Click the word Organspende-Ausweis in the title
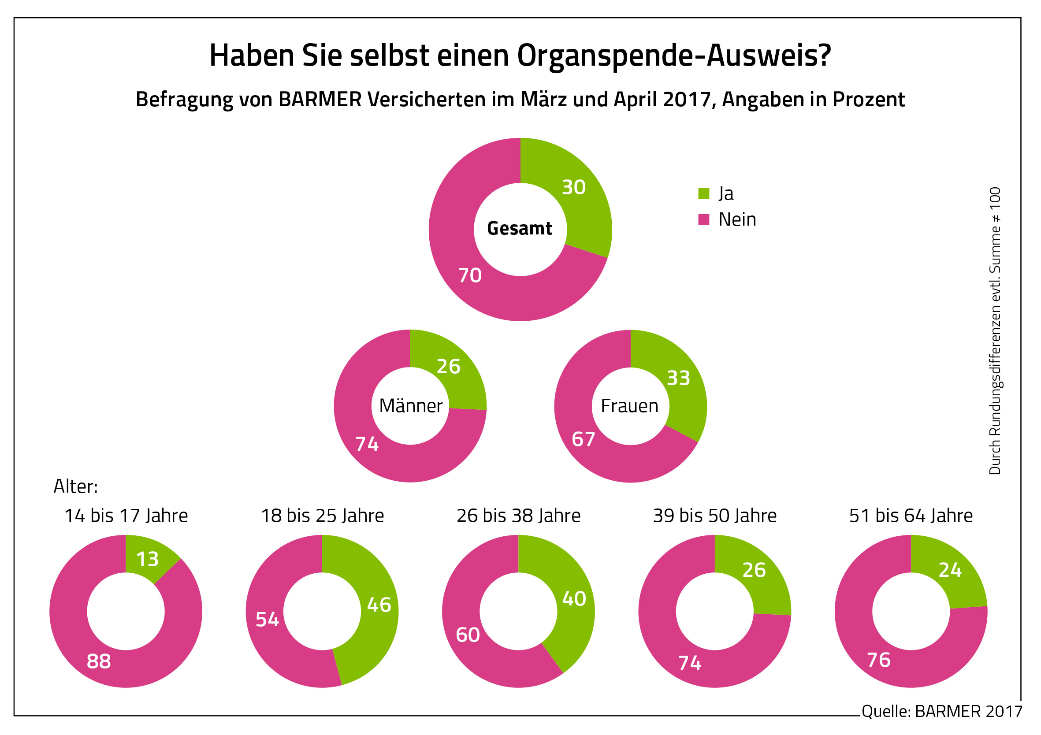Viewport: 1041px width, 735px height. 674,56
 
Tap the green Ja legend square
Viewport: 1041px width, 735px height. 703,193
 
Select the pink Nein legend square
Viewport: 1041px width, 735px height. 703,220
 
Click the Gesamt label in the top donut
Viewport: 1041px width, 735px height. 520,229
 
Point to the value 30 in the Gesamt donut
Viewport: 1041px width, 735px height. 573,187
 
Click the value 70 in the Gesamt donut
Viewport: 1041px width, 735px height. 470,276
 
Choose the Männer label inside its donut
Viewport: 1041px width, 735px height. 410,406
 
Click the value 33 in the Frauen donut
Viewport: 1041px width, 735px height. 678,378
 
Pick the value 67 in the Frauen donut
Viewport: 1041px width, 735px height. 583,439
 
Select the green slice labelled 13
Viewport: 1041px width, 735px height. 147,560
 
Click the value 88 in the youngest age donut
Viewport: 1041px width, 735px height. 99,661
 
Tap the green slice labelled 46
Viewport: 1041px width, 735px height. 379,605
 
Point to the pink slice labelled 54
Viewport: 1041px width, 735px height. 267,620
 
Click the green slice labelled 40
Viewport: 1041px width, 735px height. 574,599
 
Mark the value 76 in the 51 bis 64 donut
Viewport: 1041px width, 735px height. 879,660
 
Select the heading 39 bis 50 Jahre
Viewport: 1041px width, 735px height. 714,516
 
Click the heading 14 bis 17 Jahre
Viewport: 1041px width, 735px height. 126,516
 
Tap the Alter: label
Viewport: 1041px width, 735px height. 76,486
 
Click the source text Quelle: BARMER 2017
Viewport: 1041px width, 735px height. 942,711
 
